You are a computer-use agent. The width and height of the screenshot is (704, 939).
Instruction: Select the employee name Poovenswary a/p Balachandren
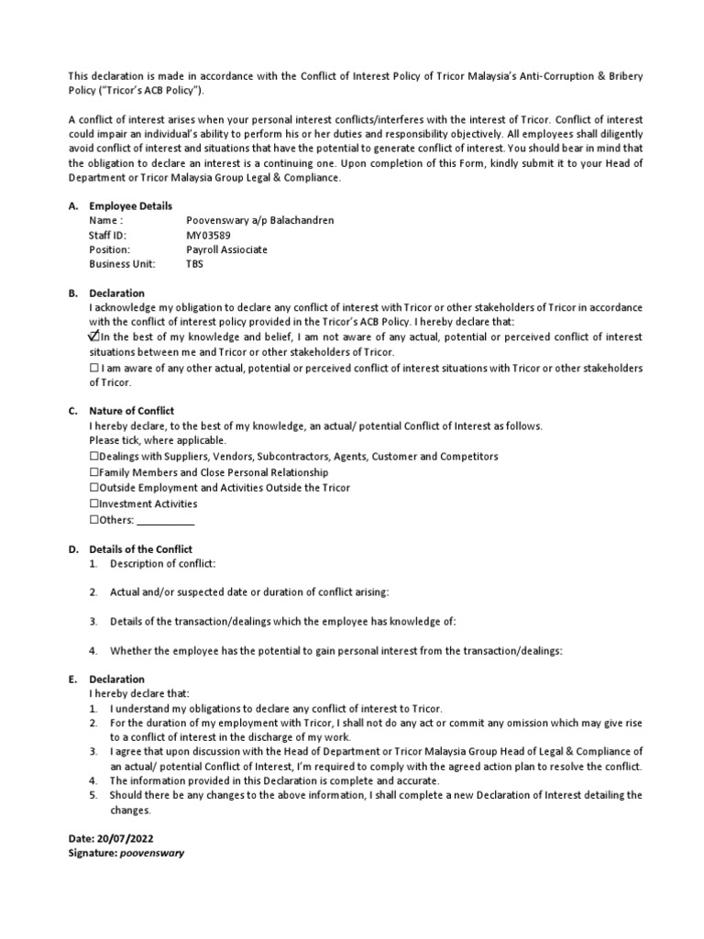point(260,221)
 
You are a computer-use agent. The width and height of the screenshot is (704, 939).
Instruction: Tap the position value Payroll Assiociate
point(227,249)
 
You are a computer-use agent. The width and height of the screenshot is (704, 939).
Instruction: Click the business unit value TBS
point(194,264)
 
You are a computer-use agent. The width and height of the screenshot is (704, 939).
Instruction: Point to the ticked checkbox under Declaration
point(94,337)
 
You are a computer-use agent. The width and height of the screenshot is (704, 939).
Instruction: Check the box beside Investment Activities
point(94,504)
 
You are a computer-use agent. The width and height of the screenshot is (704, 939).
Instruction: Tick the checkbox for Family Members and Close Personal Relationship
point(94,472)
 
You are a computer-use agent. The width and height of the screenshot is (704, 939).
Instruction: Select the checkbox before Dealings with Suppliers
point(94,457)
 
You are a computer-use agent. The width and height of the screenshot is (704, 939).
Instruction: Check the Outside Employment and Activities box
point(94,488)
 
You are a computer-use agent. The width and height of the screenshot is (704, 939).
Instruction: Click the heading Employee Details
point(130,206)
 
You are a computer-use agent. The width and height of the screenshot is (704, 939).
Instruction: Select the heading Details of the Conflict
point(140,548)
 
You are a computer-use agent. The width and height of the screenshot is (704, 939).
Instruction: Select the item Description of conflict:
point(163,563)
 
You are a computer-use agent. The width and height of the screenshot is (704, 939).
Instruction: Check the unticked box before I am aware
point(94,369)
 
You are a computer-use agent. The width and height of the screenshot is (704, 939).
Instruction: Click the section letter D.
point(72,548)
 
